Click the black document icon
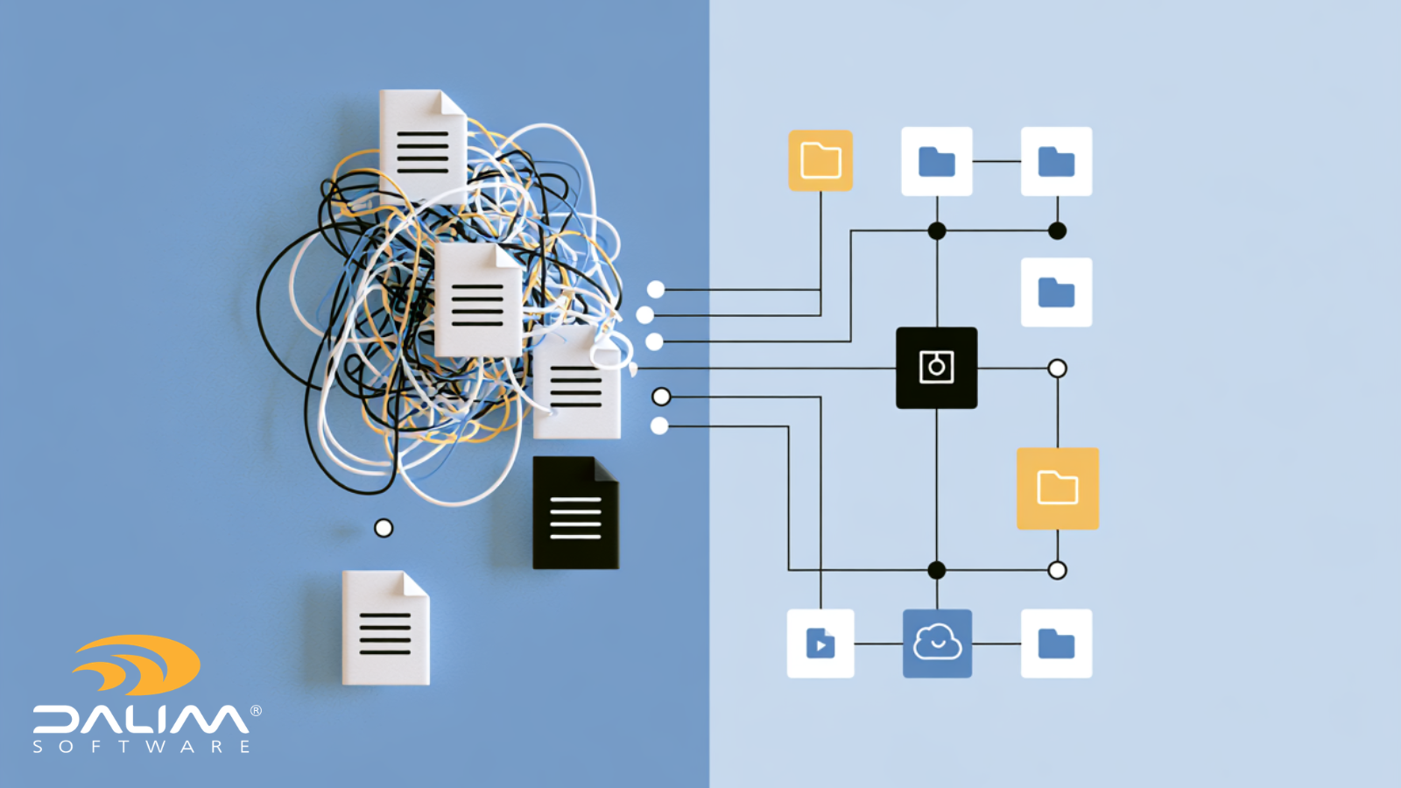[x=575, y=513]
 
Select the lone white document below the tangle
[x=385, y=627]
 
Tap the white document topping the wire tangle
[x=423, y=148]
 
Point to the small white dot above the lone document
[x=384, y=529]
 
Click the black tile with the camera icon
[x=936, y=368]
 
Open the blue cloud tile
[x=937, y=644]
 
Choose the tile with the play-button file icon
[x=820, y=644]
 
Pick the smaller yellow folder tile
[x=820, y=161]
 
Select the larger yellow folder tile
[x=1058, y=489]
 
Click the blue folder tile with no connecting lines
[x=1056, y=292]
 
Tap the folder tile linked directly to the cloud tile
[x=1056, y=644]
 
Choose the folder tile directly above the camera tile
[x=937, y=161]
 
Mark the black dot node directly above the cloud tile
[x=936, y=570]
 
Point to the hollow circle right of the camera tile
[x=1057, y=369]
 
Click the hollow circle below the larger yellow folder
[x=1057, y=570]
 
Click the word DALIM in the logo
[x=141, y=719]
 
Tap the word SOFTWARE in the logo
[x=141, y=746]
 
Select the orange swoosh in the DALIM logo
[x=137, y=665]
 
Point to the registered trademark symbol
[x=256, y=710]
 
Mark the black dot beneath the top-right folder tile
[x=1057, y=231]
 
